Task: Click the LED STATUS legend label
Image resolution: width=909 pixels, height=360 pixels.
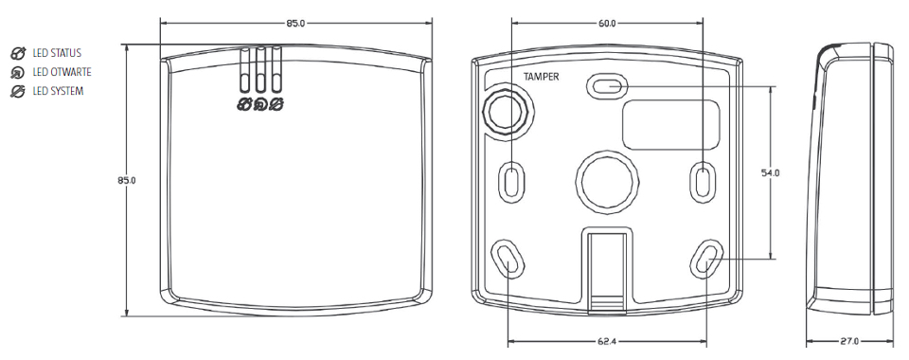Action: (57, 53)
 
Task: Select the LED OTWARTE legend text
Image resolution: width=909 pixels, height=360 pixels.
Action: (62, 72)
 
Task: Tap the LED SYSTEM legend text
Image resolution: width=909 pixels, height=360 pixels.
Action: (58, 92)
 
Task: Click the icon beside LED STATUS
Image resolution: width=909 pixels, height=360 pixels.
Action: (18, 53)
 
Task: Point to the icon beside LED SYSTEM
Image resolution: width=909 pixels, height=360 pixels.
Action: (18, 92)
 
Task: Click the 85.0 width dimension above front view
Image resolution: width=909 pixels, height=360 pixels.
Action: (295, 23)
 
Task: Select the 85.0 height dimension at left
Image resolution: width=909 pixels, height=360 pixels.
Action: (126, 180)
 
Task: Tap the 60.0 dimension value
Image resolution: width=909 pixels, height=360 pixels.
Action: (606, 24)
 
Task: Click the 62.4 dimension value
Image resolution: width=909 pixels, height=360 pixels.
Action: (606, 341)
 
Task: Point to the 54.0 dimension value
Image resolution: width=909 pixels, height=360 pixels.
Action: (771, 172)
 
